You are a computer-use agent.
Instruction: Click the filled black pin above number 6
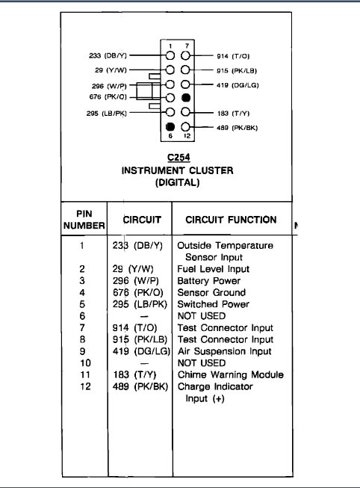(171, 126)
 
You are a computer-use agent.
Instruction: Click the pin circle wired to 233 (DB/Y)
(171, 55)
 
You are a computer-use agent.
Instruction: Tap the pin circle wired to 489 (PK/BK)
(186, 126)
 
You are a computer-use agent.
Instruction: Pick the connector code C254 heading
(177, 158)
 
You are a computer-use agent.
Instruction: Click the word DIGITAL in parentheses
(177, 182)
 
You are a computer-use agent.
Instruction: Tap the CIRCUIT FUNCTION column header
(225, 220)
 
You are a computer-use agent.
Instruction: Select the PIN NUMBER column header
(84, 219)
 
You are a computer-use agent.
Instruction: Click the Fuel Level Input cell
(213, 269)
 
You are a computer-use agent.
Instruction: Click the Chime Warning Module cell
(225, 375)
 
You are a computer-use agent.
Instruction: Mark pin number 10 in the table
(84, 363)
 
